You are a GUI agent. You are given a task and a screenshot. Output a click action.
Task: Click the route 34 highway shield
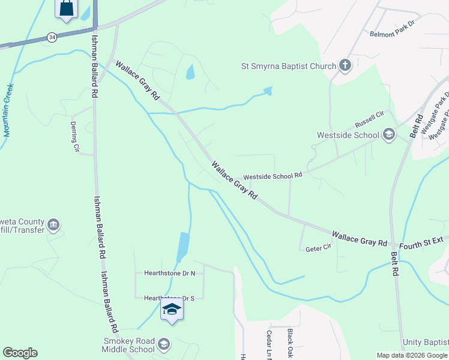[x=53, y=37]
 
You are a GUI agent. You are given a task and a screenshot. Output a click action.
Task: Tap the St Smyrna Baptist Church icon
[x=345, y=65]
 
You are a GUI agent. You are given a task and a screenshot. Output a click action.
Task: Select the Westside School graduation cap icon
[x=389, y=134]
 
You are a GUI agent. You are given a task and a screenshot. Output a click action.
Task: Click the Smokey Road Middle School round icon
[x=164, y=344]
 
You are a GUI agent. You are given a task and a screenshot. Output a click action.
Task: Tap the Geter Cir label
[x=318, y=247]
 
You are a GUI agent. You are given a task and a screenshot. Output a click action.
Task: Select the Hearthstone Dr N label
[x=170, y=273]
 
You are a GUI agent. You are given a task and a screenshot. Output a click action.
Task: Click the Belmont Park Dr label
[x=397, y=34]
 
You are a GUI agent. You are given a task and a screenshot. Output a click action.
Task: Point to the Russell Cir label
[x=369, y=119]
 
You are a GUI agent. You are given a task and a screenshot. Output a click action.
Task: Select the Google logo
[x=20, y=353]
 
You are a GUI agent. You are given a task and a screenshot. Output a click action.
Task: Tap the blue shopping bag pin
[x=66, y=8]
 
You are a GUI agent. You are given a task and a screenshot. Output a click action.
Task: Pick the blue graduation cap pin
[x=172, y=310]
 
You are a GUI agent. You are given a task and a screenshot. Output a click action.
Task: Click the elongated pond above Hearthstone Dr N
[x=183, y=245]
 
